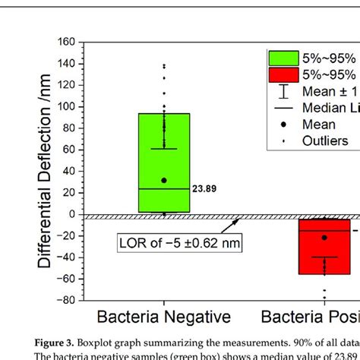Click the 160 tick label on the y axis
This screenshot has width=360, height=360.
[x=66, y=43]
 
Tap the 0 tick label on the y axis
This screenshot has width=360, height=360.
[x=73, y=214]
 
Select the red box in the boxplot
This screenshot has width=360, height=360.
[x=324, y=247]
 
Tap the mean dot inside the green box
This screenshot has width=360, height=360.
[x=164, y=181]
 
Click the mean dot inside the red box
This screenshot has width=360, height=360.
[x=324, y=238]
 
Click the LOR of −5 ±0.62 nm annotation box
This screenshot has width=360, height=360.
[x=173, y=243]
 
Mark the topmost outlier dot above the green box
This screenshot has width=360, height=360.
[x=164, y=65]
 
